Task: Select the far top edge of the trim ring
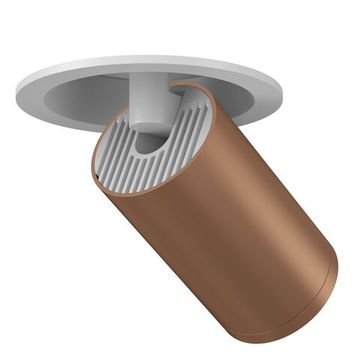pos(150,56)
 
